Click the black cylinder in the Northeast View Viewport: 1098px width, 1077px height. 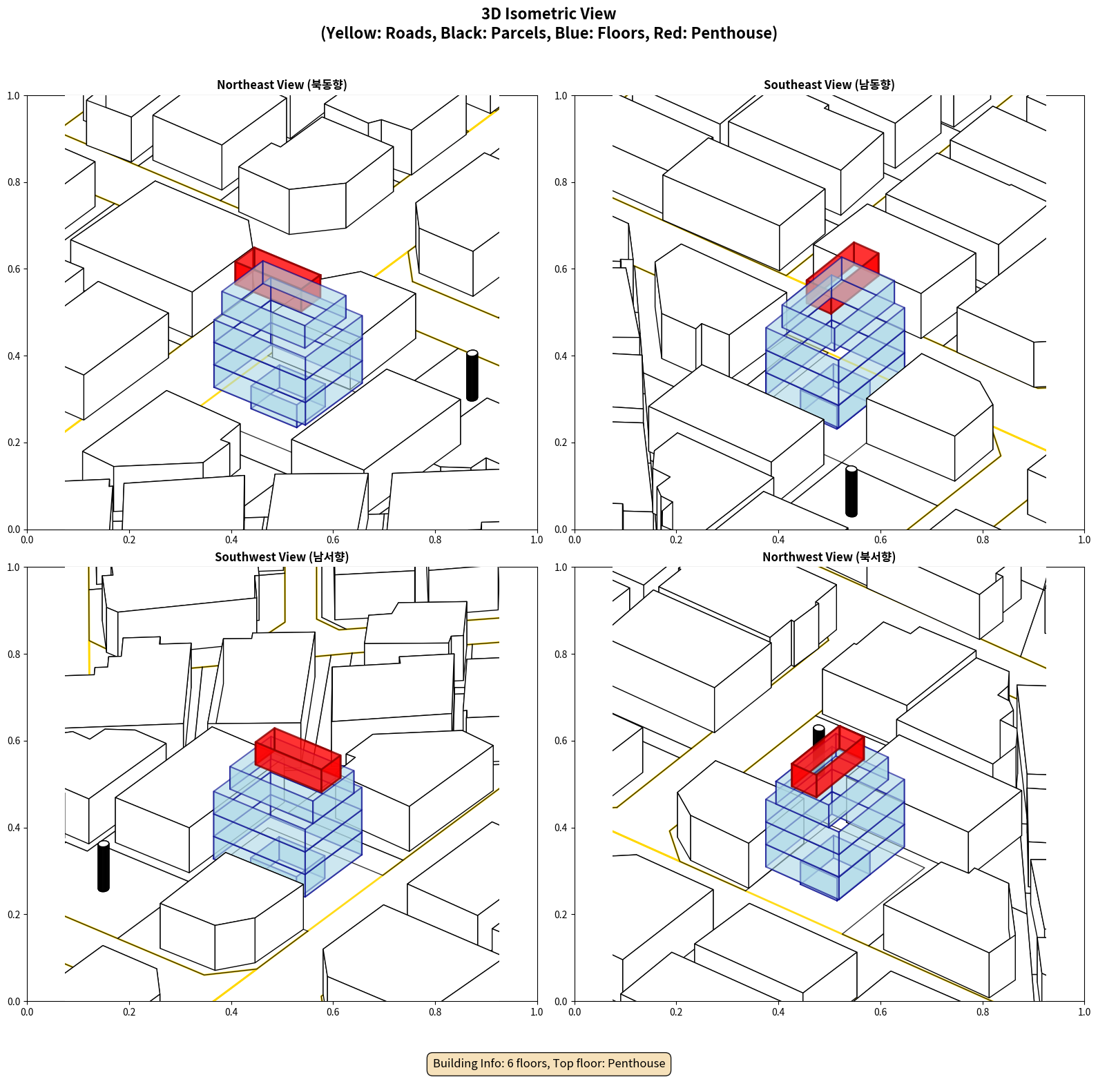pyautogui.click(x=472, y=376)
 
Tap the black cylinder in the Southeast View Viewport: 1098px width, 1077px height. pyautogui.click(x=851, y=492)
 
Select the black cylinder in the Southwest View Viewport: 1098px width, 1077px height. pyautogui.click(x=104, y=866)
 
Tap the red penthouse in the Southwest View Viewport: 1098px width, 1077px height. pyautogui.click(x=298, y=758)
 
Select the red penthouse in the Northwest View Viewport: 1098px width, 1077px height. pyautogui.click(x=827, y=763)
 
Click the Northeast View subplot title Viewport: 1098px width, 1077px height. pyautogui.click(x=282, y=85)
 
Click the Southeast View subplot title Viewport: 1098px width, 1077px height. pyautogui.click(x=829, y=85)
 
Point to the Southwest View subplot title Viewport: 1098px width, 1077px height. pyautogui.click(x=282, y=557)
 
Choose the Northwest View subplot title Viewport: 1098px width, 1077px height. pyautogui.click(x=829, y=557)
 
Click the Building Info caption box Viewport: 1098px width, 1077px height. pyautogui.click(x=549, y=1063)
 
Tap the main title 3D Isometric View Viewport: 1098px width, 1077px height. pyautogui.click(x=549, y=14)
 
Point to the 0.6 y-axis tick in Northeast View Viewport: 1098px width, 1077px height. pyautogui.click(x=14, y=269)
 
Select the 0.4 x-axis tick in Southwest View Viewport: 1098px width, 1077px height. pyautogui.click(x=231, y=1012)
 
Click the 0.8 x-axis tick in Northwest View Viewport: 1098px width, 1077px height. pyautogui.click(x=983, y=1012)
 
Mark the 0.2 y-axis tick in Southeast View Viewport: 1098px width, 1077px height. pyautogui.click(x=561, y=443)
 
